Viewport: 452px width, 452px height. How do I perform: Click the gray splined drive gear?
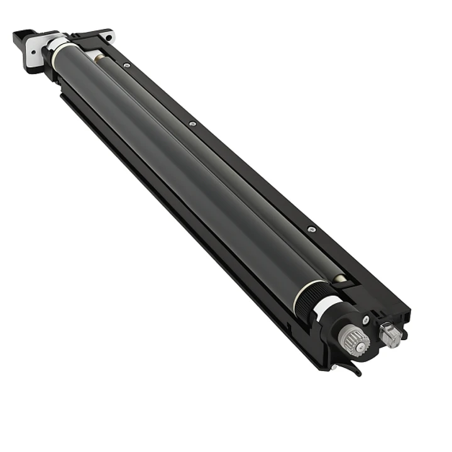(353, 339)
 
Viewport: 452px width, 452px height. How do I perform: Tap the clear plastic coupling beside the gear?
(390, 336)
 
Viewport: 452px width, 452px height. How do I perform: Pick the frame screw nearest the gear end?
(311, 229)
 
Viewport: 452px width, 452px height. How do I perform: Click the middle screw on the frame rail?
(192, 123)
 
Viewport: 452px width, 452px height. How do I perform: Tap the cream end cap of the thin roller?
(339, 277)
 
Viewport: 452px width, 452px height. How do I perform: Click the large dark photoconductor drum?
(176, 170)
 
